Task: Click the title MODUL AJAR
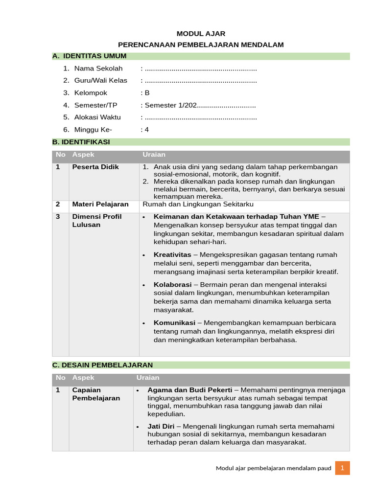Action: coord(201,33)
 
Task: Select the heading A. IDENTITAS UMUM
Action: coord(90,56)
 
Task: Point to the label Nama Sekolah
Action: coord(98,68)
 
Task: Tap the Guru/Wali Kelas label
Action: coord(101,81)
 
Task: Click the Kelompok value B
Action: coord(147,93)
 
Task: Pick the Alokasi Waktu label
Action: coord(97,117)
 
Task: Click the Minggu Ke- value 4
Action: coord(147,130)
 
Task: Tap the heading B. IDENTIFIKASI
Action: coord(81,142)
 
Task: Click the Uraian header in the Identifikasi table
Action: coord(154,155)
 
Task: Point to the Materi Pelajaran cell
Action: coord(100,204)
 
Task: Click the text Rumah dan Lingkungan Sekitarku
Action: coord(198,204)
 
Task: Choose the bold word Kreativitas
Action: coord(172,255)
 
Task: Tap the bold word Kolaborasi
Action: coord(172,285)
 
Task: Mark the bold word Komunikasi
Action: coord(175,323)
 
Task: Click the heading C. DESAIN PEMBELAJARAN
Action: coord(102,365)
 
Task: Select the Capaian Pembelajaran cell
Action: coord(96,394)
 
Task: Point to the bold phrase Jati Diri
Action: coord(161,426)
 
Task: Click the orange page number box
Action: coord(342,468)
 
